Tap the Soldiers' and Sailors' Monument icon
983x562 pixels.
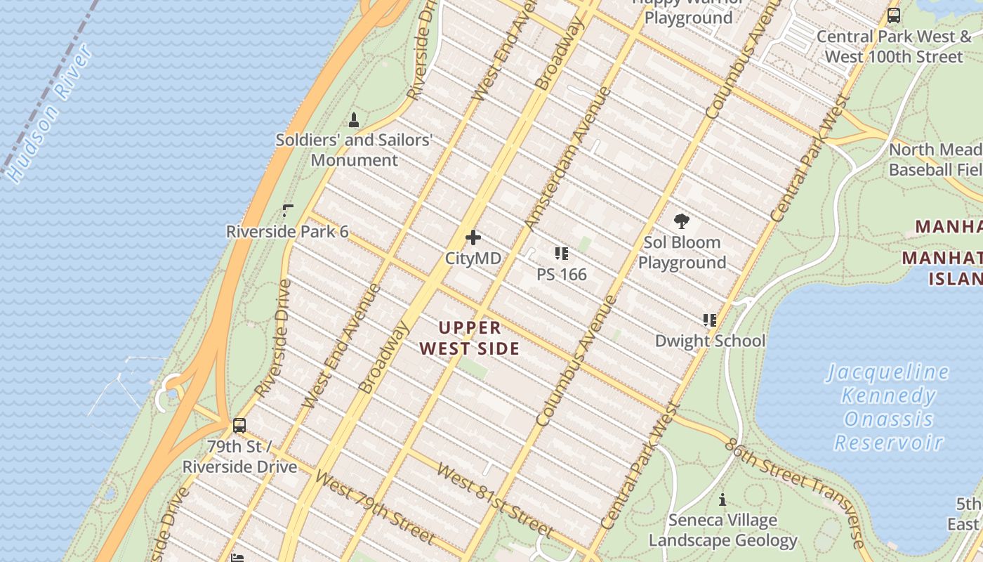click(x=354, y=120)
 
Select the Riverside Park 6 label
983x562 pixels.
click(x=286, y=232)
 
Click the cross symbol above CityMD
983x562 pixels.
click(x=473, y=238)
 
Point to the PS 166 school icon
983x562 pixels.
click(x=561, y=254)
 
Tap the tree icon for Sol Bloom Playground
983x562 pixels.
click(x=681, y=222)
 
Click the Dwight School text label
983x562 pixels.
click(x=710, y=341)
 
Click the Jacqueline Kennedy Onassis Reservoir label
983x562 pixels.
click(x=888, y=407)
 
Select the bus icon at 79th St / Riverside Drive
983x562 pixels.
click(x=239, y=425)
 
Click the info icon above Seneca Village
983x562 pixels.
click(x=723, y=500)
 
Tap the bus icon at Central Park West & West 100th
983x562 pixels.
click(x=893, y=15)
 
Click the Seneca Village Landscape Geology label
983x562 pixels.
click(x=723, y=530)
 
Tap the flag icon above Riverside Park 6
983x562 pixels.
click(x=287, y=210)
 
